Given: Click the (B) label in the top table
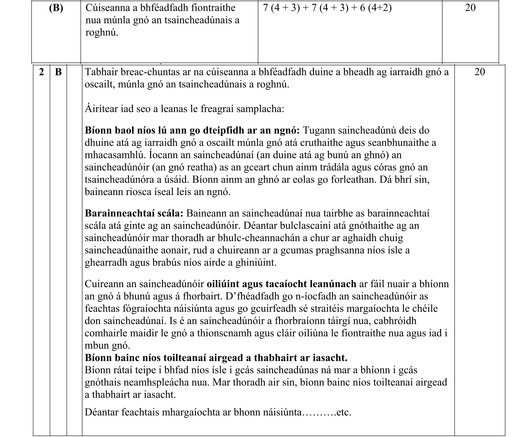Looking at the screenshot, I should (56, 8).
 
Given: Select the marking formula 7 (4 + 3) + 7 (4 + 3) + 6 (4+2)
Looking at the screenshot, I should (327, 8).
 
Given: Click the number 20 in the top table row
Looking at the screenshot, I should (470, 8).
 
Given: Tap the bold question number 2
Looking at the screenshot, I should (41, 72).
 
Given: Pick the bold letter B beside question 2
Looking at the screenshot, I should (58, 72).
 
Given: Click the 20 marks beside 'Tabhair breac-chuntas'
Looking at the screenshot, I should (480, 72).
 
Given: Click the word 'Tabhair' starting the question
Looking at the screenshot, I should (101, 72).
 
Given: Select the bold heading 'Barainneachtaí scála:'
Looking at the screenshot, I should (134, 213).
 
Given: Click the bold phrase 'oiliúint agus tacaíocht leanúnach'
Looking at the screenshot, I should (281, 284).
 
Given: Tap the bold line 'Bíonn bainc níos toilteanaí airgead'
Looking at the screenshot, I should (216, 357).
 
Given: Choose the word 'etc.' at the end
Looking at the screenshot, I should (344, 413).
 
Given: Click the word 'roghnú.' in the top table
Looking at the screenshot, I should (102, 32).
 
